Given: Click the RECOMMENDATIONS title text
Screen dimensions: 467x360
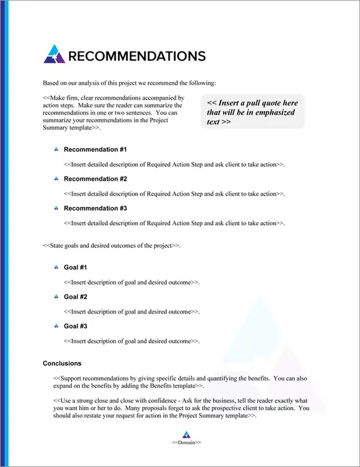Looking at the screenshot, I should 137,56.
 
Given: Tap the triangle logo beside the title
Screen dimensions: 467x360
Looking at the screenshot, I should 54,54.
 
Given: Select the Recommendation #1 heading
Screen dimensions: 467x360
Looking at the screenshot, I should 95,149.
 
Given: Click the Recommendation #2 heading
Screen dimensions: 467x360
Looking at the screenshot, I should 95,179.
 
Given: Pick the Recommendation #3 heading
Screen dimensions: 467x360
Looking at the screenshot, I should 95,208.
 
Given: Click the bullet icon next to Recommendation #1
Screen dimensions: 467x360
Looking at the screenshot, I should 55,149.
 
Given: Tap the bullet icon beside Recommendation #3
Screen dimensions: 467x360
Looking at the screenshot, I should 55,208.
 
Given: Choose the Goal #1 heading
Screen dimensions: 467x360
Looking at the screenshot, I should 76,267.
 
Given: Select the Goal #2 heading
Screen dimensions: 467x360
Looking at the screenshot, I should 76,297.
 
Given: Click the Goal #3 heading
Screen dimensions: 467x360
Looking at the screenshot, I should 76,326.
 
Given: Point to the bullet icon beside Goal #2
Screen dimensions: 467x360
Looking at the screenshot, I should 55,297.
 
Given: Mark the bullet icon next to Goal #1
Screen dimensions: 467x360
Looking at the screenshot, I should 55,267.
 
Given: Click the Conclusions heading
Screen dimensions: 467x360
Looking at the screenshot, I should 62,363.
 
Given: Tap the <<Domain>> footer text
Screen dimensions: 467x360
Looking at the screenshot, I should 186,442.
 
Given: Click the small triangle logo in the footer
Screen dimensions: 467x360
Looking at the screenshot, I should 186,434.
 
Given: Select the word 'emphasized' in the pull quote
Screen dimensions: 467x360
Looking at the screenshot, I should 274,112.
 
